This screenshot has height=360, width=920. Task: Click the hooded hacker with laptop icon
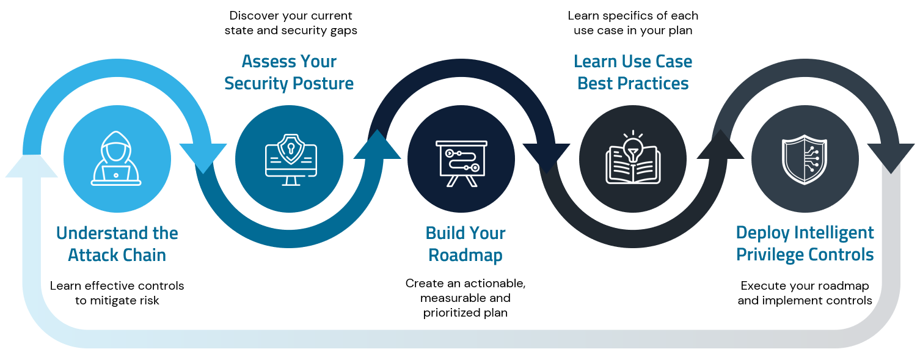[x=117, y=160]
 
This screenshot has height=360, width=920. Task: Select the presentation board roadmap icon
[x=461, y=160]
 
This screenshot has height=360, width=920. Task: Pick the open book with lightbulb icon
[x=633, y=159]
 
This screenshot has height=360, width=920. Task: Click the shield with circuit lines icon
[x=805, y=160]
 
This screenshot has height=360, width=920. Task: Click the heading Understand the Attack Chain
[x=117, y=244]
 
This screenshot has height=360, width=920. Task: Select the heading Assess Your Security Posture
[x=289, y=72]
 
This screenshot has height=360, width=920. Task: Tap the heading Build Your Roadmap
[x=465, y=244]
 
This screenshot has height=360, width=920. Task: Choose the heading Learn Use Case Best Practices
[x=633, y=72]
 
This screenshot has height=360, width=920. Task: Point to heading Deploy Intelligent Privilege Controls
[x=805, y=243]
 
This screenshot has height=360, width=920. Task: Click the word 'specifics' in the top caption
[x=625, y=15]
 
